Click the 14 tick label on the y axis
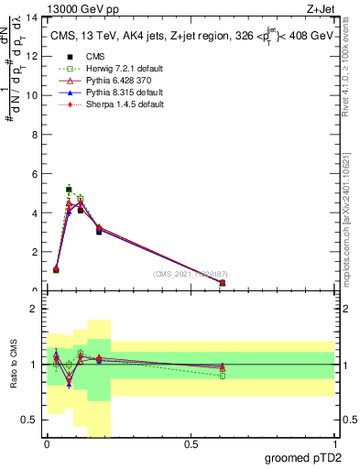click(x=34, y=17)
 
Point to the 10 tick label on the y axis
click(x=34, y=95)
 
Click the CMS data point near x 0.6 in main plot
click(x=223, y=283)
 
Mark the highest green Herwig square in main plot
click(x=69, y=190)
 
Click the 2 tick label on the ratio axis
click(x=34, y=310)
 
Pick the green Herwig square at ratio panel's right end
click(x=223, y=376)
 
